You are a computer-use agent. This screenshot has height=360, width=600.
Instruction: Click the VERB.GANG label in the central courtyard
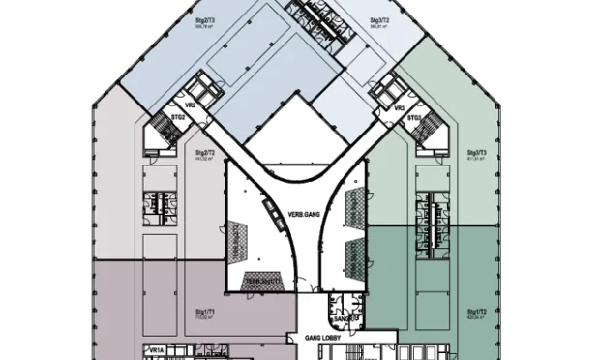point(302,215)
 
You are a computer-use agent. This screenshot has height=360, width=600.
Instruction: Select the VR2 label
point(192,104)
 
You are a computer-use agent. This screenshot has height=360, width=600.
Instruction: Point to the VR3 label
point(398,109)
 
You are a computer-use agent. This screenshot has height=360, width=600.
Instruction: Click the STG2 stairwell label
point(178,118)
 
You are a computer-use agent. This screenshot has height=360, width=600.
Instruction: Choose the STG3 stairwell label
point(413,118)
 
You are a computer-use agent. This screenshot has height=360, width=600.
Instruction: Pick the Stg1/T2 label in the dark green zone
point(475,312)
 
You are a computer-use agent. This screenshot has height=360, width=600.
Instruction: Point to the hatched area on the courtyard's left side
point(236,241)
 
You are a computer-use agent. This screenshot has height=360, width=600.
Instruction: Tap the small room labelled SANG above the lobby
point(342,317)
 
